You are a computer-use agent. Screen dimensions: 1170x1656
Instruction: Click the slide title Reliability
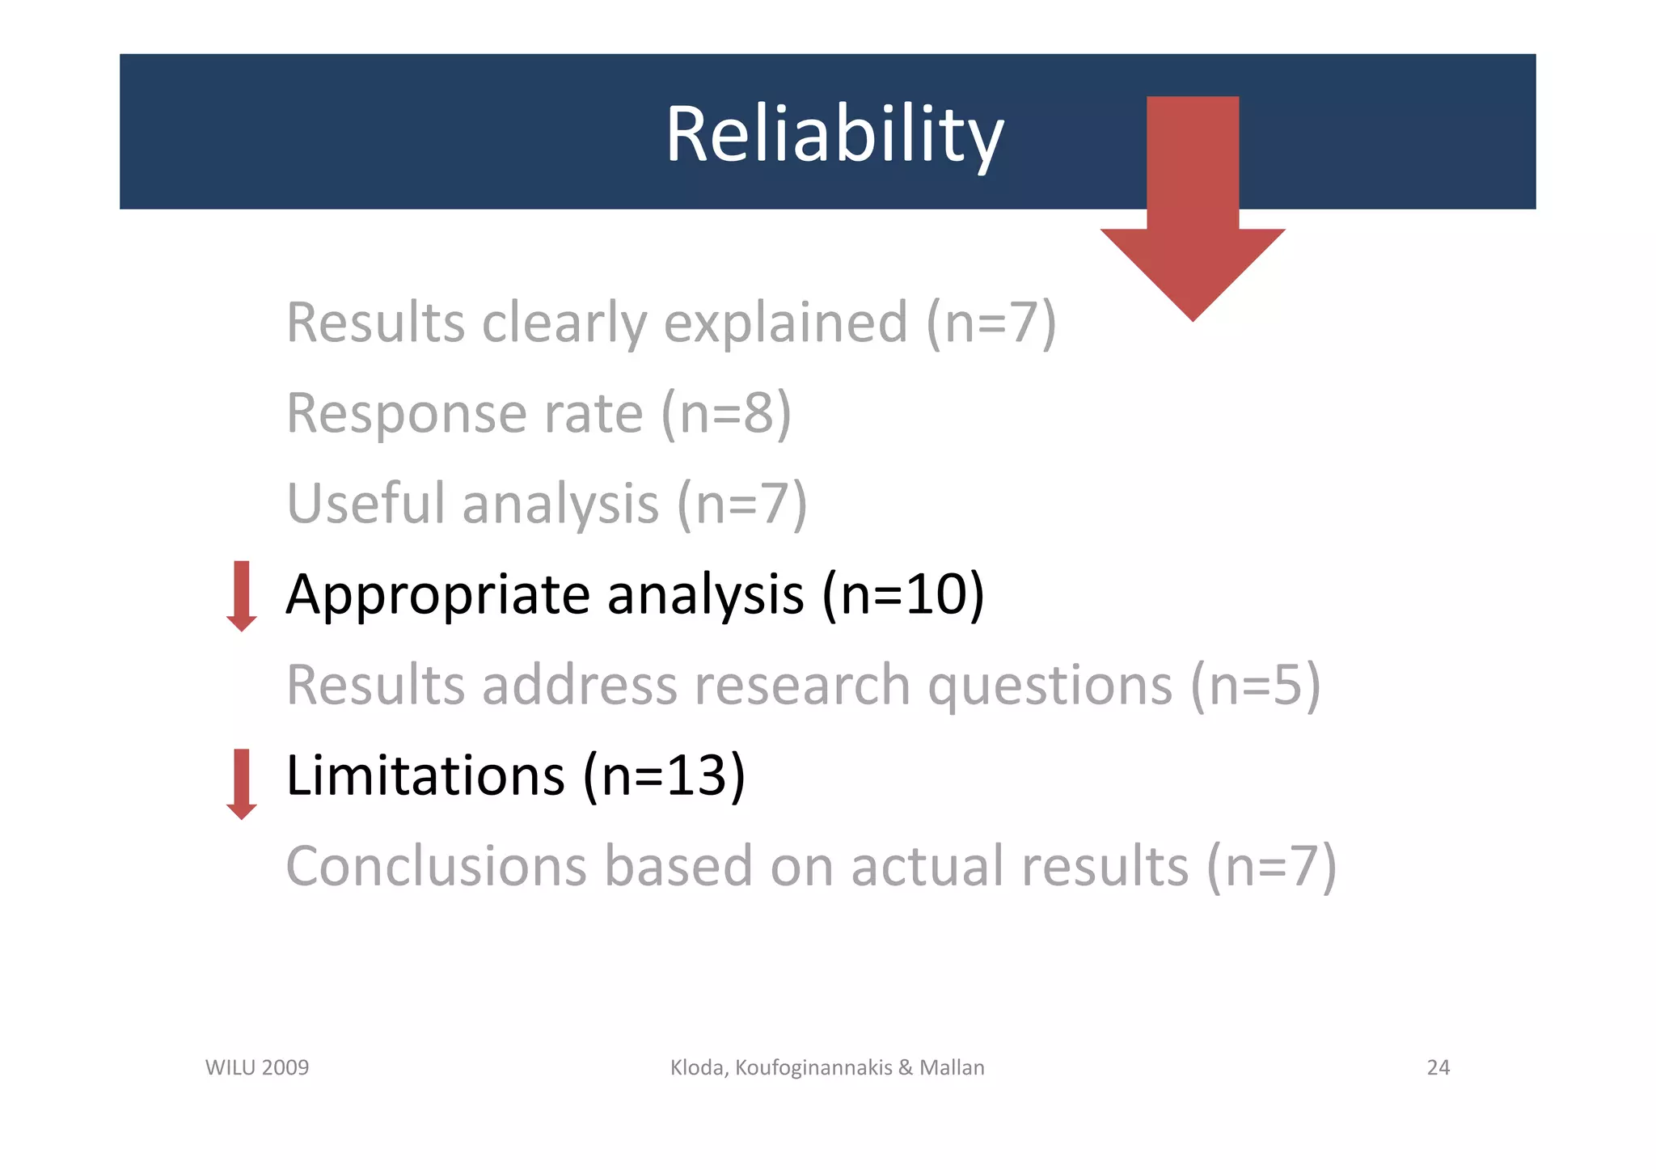[834, 135]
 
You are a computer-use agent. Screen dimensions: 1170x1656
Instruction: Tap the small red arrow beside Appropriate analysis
[242, 596]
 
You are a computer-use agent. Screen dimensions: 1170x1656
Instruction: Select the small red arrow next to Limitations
[242, 784]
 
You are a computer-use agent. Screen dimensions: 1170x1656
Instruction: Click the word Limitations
[425, 775]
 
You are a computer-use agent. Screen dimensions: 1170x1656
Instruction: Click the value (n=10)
[903, 595]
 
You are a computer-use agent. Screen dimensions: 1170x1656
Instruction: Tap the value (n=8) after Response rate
[726, 414]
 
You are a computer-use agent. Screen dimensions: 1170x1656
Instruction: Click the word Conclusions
[436, 866]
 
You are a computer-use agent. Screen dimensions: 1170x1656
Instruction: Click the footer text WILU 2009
[257, 1067]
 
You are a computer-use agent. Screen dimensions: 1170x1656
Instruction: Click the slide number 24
[1438, 1067]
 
